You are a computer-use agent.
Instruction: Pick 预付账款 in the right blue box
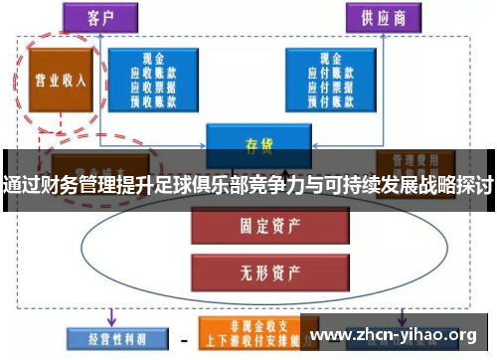(329, 100)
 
